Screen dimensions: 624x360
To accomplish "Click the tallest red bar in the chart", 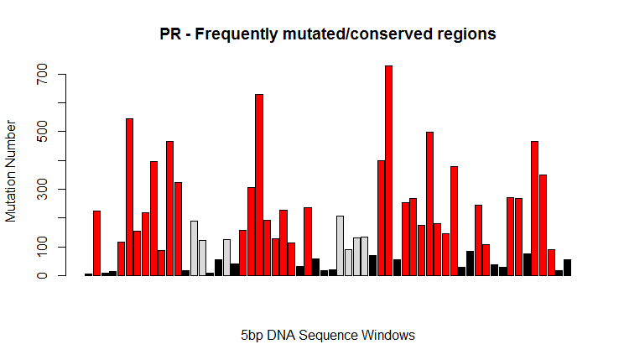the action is tap(388, 170).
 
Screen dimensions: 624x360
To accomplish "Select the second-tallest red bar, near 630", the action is tap(259, 185).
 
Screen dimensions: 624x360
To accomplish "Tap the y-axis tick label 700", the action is tap(42, 74).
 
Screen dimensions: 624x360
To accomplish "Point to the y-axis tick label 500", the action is tap(42, 132).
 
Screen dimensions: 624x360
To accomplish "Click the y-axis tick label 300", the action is tap(42, 189).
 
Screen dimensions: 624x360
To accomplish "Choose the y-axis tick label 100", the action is tap(42, 247).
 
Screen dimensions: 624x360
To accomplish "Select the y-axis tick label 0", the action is tap(42, 275).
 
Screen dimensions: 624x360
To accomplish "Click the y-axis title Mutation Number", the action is tap(11, 171).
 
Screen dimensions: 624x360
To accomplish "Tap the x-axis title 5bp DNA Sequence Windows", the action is tap(328, 336).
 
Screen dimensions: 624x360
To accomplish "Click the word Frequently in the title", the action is tap(237, 34).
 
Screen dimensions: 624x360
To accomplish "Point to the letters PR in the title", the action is tap(170, 34).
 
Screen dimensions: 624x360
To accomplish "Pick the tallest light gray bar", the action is tap(340, 246).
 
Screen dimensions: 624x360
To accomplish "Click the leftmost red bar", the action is tap(96, 243).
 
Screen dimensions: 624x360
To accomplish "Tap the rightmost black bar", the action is tap(567, 268).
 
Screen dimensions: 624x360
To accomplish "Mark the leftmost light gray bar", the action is tap(195, 248).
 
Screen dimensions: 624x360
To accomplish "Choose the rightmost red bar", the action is tap(551, 263).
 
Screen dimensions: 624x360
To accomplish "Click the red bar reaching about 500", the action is tap(429, 204).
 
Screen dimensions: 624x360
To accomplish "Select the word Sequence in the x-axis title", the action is tap(328, 336).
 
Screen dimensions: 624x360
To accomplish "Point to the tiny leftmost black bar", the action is tap(88, 274).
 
